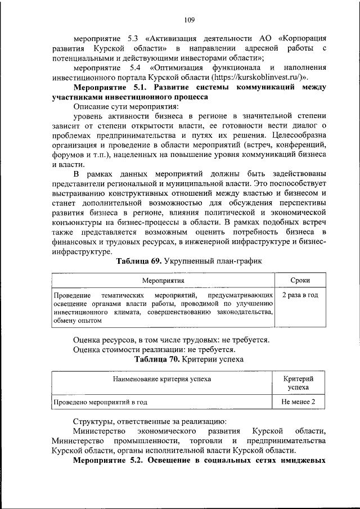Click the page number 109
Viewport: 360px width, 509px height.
[188, 20]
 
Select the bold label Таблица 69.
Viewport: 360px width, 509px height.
[137, 262]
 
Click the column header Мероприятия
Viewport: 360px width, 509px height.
[163, 280]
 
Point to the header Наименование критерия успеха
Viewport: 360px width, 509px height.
[161, 379]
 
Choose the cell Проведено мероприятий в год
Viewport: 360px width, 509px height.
[100, 402]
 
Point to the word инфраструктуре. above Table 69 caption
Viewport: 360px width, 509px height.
[78, 253]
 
